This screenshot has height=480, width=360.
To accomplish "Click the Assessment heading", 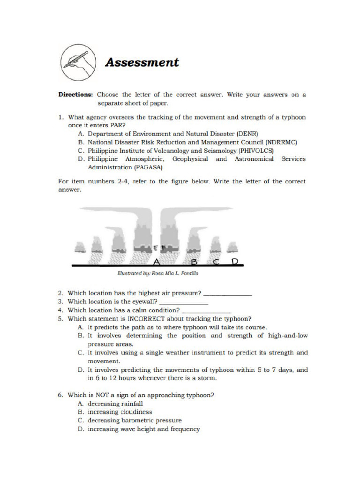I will tap(142, 62).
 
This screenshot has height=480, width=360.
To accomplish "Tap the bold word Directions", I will tap(75, 94).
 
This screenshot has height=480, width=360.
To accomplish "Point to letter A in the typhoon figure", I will tap(156, 261).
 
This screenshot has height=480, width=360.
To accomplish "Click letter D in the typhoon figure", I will tap(235, 261).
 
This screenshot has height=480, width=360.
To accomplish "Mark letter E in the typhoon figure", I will tap(156, 247).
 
